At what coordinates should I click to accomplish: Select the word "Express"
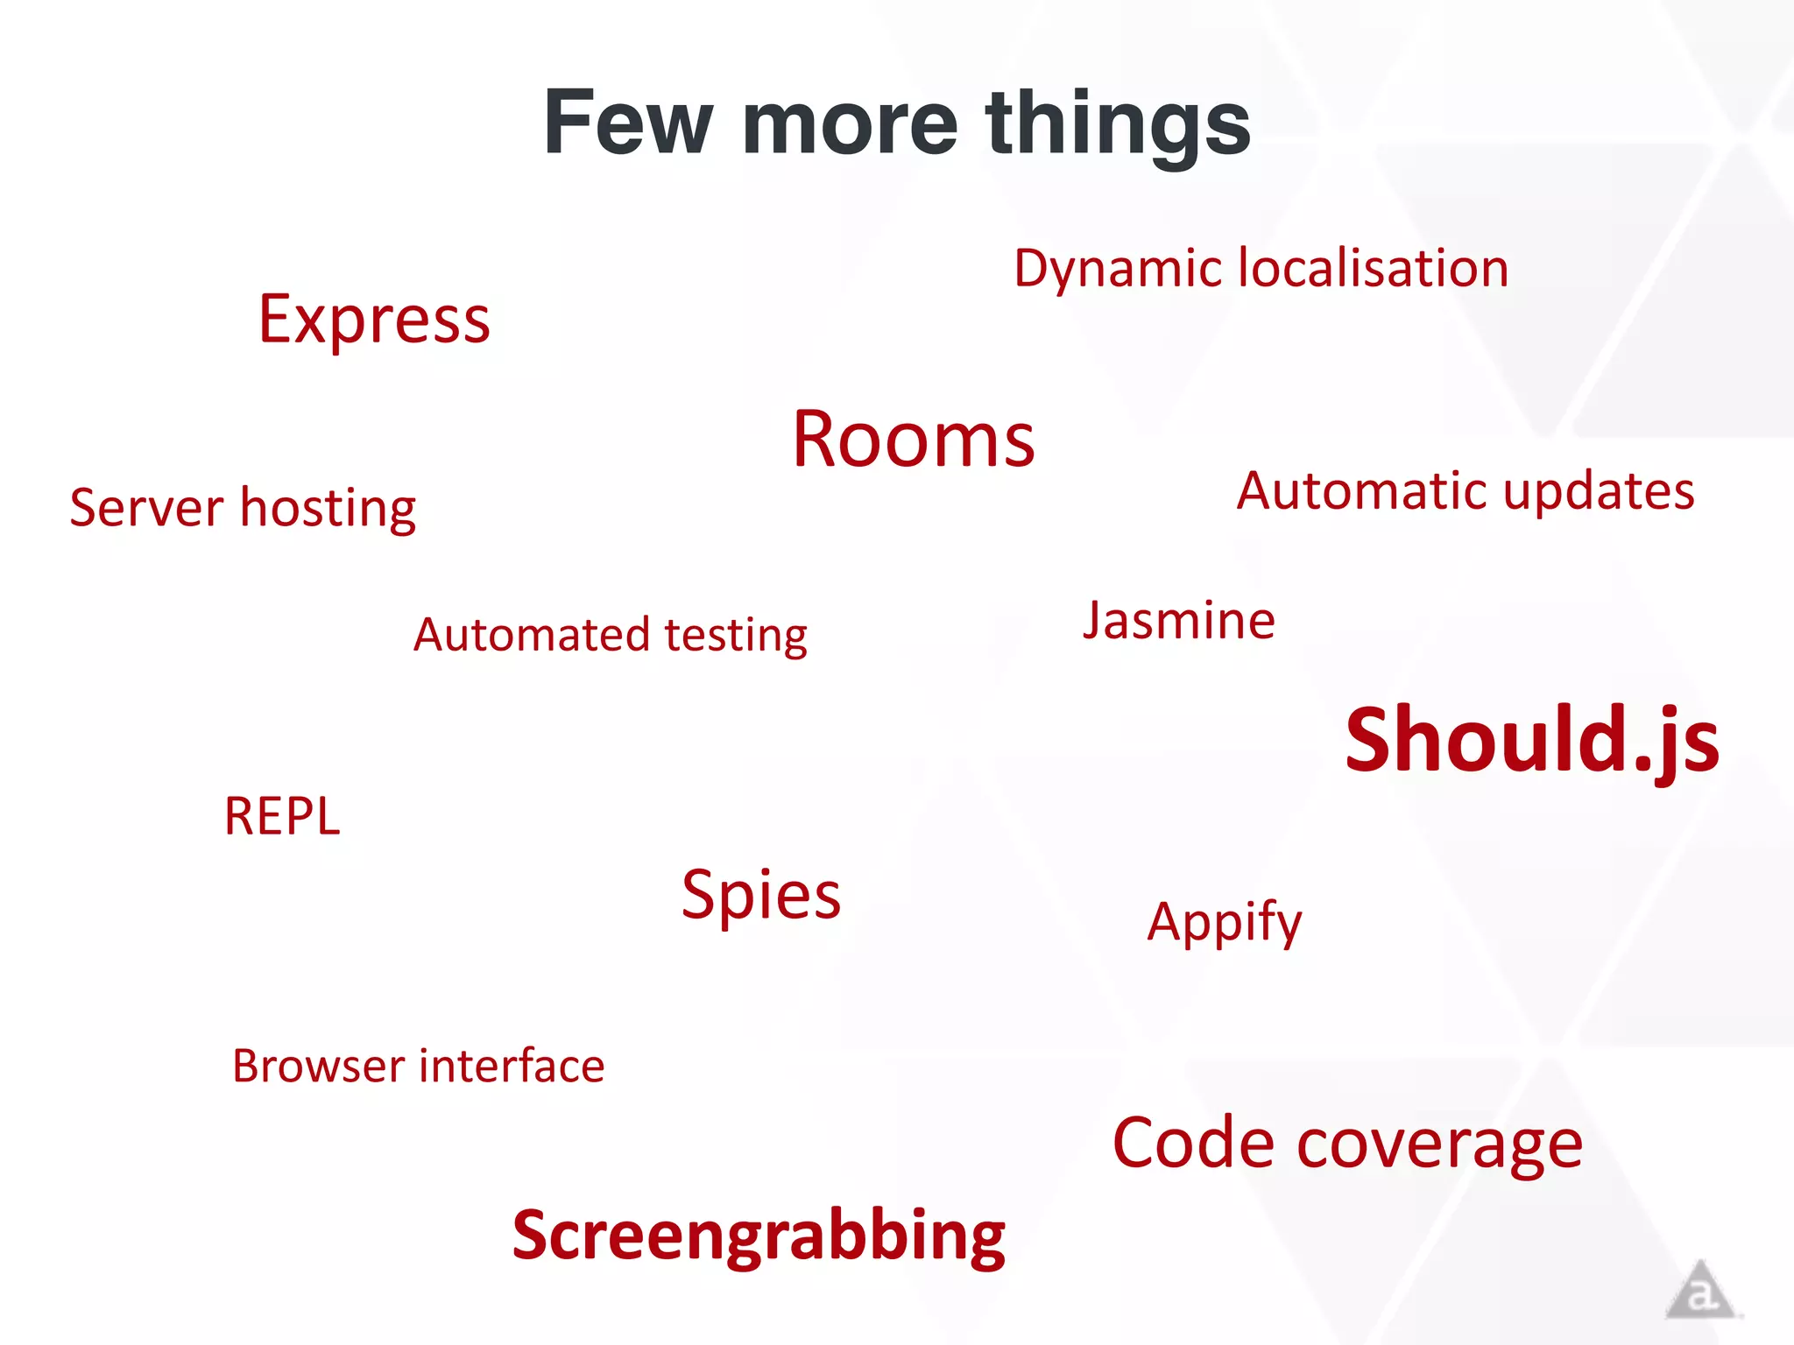pyautogui.click(x=374, y=320)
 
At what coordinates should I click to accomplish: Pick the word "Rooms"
pyautogui.click(x=914, y=440)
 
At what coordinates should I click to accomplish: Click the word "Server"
pyautogui.click(x=147, y=508)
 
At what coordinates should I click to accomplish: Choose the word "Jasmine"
pyautogui.click(x=1178, y=623)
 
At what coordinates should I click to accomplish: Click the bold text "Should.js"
pyautogui.click(x=1532, y=741)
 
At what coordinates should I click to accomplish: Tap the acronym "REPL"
pyautogui.click(x=282, y=816)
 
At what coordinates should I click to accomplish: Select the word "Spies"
pyautogui.click(x=761, y=896)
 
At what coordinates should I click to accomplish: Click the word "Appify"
pyautogui.click(x=1225, y=923)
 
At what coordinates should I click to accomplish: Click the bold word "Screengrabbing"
pyautogui.click(x=759, y=1236)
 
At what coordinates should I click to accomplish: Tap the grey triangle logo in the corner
pyautogui.click(x=1699, y=1291)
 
